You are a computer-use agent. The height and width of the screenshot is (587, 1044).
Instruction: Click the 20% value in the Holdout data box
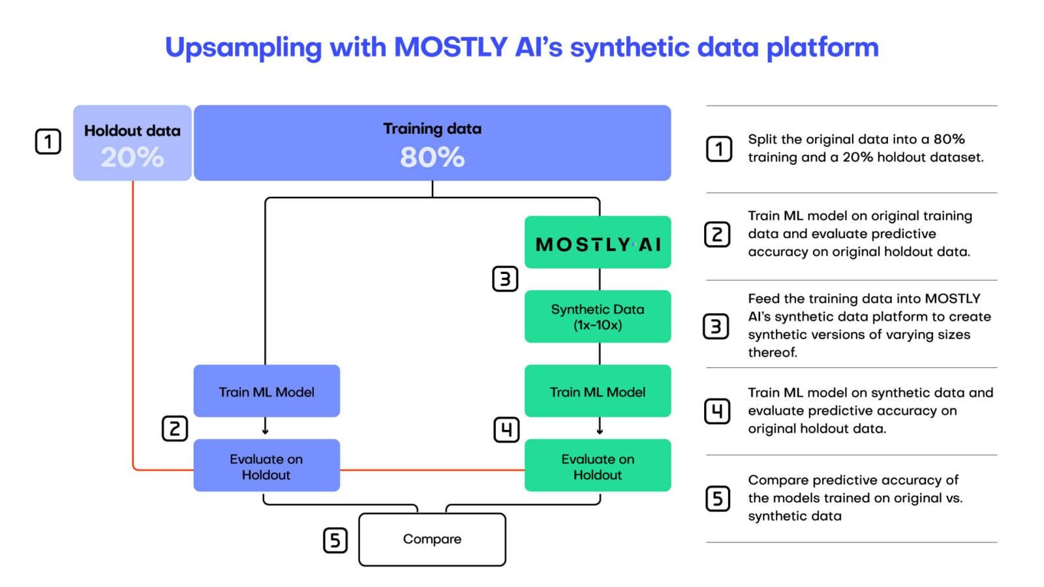132,157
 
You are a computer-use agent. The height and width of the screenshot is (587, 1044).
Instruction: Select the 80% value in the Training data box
432,157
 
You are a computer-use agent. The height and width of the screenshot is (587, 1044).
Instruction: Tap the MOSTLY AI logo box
598,243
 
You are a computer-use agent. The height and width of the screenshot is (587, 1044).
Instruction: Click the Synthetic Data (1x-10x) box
598,317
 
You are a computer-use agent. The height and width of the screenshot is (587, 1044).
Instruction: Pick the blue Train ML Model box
266,391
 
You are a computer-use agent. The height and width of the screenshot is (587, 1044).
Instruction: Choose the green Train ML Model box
598,391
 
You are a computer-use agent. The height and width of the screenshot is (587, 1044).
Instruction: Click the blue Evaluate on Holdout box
266,466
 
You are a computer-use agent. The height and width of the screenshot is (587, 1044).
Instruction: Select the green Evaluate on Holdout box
598,466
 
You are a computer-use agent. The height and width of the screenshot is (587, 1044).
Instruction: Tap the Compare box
432,539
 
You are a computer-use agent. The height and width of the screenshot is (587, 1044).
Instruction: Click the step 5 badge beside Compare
335,540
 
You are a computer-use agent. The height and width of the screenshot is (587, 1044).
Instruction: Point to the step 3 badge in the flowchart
505,279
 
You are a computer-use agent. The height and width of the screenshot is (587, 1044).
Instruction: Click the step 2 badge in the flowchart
175,429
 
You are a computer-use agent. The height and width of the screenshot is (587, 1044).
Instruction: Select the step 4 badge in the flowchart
506,430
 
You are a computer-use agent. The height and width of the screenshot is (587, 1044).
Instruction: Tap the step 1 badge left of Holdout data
48,142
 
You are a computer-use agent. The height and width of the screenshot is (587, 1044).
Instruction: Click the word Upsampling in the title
243,48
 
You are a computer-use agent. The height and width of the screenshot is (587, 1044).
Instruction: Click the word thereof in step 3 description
773,353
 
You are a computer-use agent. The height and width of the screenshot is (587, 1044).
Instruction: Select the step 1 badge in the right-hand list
719,149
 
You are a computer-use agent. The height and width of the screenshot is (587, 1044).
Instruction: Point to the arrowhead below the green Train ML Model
600,431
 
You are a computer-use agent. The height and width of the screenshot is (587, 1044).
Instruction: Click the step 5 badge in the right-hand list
718,499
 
